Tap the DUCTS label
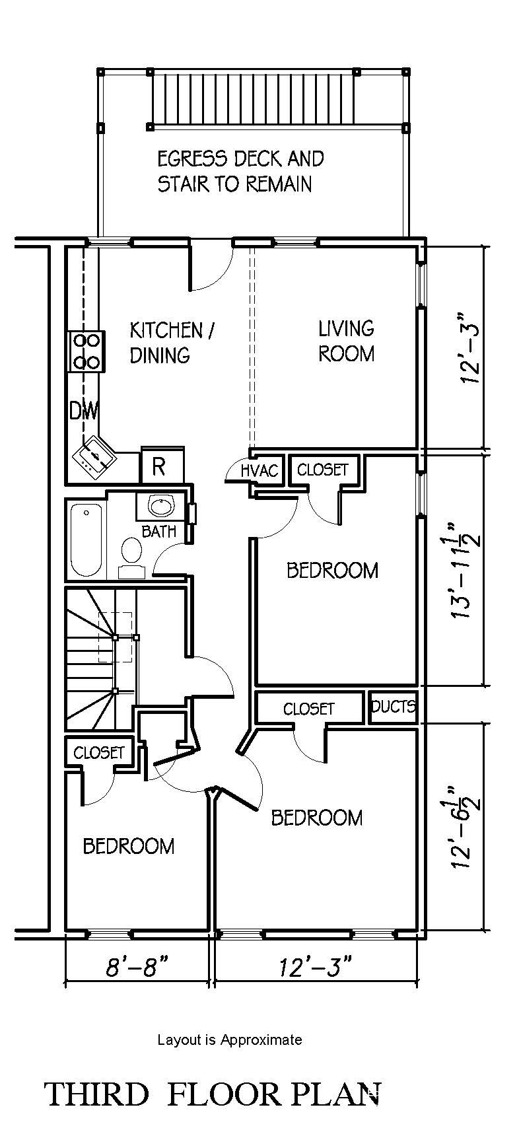coord(393,707)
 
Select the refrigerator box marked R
coord(158,466)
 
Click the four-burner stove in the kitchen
coord(86,351)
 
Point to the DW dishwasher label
coord(84,411)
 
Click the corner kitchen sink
coord(92,456)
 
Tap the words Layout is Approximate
coord(229,1040)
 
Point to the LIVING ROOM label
coord(346,341)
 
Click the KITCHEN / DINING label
coord(171,342)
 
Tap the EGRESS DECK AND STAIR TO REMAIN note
coord(240,171)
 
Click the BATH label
coord(159,531)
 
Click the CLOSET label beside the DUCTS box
coord(309,709)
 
